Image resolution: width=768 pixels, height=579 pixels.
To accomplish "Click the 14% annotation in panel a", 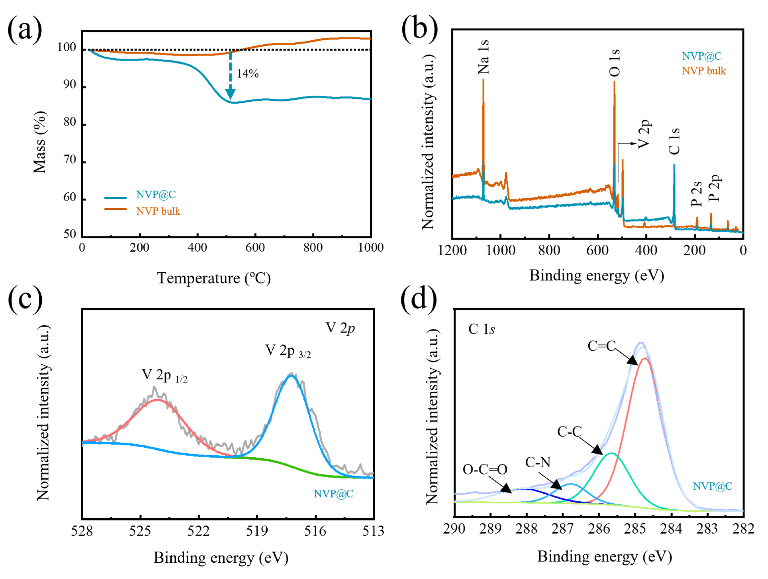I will point(248,74).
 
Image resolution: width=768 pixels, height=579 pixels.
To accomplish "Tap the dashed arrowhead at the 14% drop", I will point(230,94).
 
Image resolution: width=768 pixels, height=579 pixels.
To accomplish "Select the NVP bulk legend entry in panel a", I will point(158,211).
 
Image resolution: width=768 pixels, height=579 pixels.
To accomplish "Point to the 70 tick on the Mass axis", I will point(69,160).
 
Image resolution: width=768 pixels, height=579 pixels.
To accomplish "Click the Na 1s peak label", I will point(483,57).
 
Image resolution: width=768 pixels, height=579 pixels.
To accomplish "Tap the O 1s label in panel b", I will point(614,63).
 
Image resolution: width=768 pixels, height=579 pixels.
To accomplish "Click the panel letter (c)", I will point(25,299).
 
